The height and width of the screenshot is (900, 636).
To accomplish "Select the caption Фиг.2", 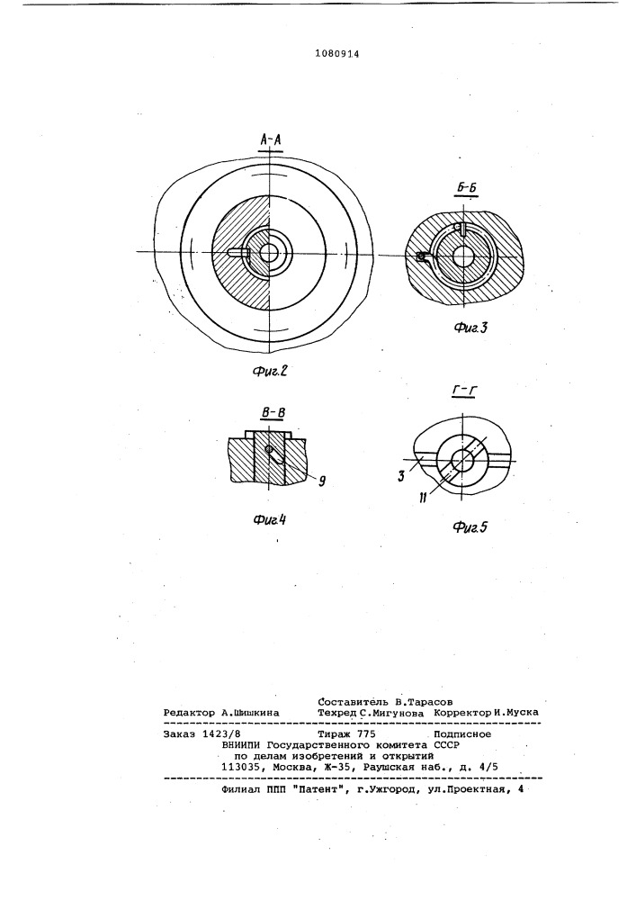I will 269,369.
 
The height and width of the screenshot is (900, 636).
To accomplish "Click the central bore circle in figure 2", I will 269,254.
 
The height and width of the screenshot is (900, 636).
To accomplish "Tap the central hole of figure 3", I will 464,256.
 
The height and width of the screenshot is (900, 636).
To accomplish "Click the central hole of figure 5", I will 461,461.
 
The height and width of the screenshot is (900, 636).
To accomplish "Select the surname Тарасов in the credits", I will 427,700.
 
